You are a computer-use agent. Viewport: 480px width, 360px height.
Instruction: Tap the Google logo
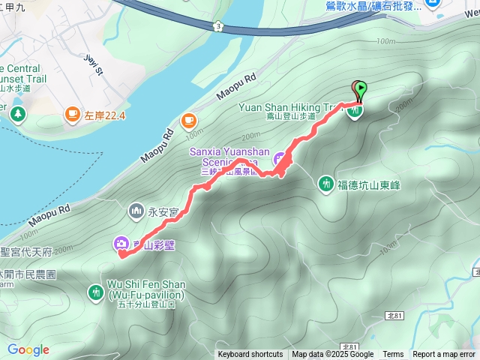click(28, 349)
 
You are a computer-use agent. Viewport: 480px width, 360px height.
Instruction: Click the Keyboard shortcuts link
click(250, 355)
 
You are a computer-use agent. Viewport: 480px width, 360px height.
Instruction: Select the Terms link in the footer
click(393, 355)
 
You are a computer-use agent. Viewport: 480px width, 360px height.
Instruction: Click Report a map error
click(445, 355)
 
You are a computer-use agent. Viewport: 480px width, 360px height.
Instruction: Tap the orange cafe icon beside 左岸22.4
click(72, 114)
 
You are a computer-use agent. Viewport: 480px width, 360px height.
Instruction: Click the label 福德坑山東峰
click(373, 182)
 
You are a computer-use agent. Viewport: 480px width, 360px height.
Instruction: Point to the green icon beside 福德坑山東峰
click(325, 182)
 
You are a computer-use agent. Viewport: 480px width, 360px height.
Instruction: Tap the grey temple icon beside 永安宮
click(136, 211)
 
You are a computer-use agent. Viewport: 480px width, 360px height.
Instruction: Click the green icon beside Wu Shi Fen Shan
click(95, 291)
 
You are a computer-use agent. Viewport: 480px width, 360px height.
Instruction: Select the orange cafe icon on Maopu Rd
click(187, 119)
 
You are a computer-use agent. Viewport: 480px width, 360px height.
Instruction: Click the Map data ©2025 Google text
click(332, 355)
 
